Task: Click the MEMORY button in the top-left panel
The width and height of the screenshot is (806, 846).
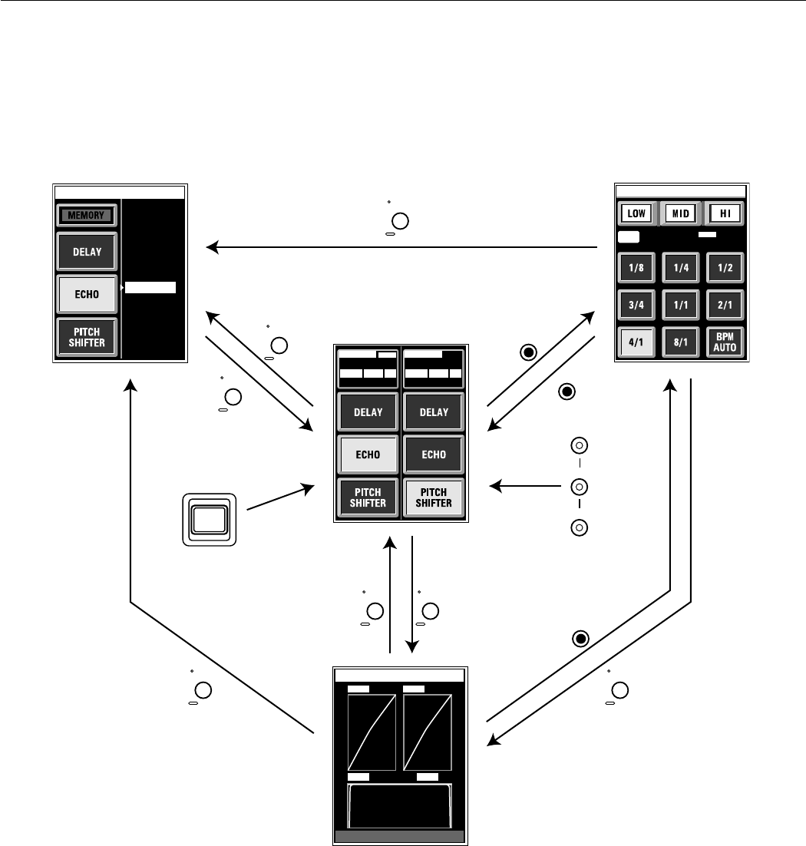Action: tap(87, 215)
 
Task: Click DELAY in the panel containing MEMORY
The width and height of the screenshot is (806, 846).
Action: tap(87, 252)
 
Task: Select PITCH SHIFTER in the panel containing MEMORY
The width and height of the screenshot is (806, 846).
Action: tap(87, 337)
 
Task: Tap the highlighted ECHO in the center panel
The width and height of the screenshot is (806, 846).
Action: tap(368, 454)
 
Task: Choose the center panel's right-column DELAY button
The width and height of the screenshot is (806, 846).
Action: tap(434, 412)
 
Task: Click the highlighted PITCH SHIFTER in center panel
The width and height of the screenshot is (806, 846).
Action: tap(434, 497)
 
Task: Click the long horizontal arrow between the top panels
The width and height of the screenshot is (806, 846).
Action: tap(403, 247)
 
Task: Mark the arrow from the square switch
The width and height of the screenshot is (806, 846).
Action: tap(280, 497)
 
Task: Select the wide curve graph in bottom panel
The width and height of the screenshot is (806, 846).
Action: tap(400, 805)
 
